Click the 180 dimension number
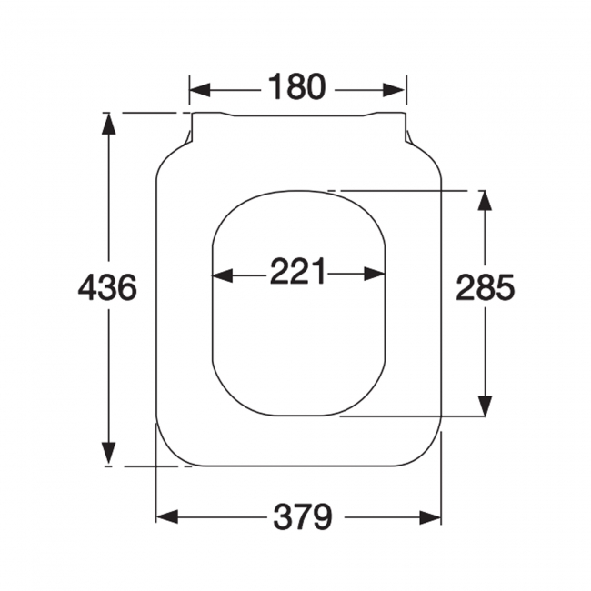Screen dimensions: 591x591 (x=296, y=88)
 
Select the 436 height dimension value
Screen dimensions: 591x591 (x=107, y=288)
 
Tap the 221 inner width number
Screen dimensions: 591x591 (x=297, y=272)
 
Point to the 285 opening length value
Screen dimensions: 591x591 (x=486, y=288)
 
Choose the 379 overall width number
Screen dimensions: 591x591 (x=303, y=517)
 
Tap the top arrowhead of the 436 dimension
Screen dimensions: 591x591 (x=108, y=125)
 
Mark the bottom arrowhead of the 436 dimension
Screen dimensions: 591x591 (x=108, y=454)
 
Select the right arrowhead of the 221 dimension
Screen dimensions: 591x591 (x=376, y=273)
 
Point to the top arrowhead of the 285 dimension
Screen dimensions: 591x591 (x=485, y=203)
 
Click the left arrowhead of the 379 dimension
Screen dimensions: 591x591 (x=167, y=517)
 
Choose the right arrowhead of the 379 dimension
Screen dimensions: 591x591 (x=431, y=517)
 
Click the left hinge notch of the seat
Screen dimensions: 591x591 (x=188, y=136)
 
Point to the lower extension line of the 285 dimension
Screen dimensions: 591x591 (x=409, y=417)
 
